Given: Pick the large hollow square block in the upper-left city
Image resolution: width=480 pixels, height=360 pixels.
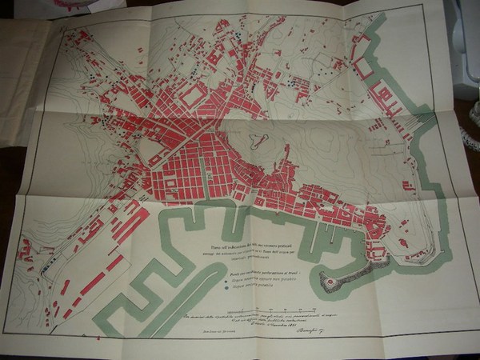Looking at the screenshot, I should click(x=193, y=97).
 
